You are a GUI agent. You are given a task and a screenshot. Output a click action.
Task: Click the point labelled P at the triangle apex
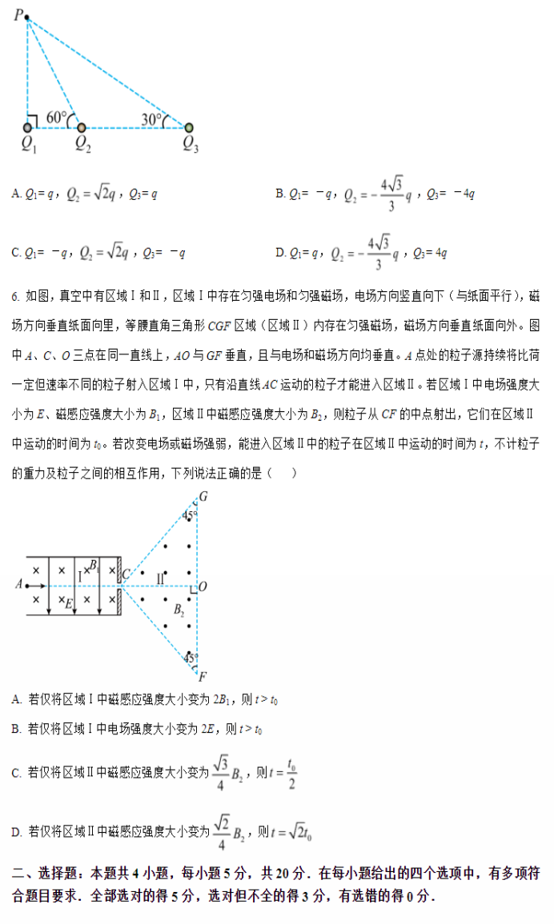pos(26,17)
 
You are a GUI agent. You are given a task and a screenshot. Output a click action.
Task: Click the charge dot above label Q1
pos(28,126)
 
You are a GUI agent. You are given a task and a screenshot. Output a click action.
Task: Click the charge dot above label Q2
pos(82,126)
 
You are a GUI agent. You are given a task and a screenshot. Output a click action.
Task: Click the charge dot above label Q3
pos(189,126)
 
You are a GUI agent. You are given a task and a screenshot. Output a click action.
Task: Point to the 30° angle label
pos(152,118)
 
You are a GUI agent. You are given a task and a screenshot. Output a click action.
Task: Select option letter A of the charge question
pos(17,194)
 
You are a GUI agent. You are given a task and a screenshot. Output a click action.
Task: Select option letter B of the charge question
pos(280,194)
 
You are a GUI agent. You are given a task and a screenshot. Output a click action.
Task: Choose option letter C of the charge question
pos(17,253)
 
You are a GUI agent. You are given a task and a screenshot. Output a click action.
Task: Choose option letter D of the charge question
pos(280,253)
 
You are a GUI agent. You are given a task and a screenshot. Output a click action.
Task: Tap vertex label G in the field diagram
pos(203,497)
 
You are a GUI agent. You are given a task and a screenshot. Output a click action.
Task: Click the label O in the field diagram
pos(203,586)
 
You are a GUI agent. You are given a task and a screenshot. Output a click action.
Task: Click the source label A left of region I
pos(18,584)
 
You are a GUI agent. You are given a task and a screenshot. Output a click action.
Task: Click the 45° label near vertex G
pos(189,515)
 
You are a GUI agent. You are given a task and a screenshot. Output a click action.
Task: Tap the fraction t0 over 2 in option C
pos(291,773)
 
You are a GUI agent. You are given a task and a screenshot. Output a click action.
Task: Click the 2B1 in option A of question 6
pos(223,700)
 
